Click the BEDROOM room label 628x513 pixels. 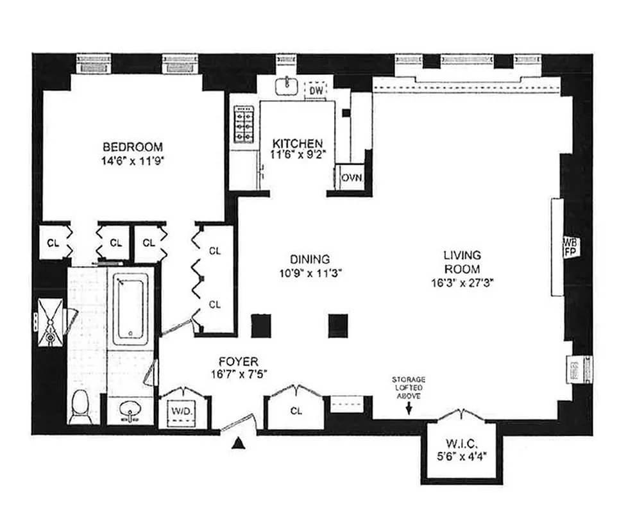(x=133, y=146)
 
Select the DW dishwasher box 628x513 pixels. (x=315, y=91)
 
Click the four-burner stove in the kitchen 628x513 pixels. (x=244, y=125)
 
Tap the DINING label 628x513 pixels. (x=310, y=260)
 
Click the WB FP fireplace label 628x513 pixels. (x=570, y=248)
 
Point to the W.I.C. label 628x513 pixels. (x=460, y=443)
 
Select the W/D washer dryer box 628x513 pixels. (x=182, y=408)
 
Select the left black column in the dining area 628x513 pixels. (x=261, y=325)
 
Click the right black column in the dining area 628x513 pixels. (x=338, y=325)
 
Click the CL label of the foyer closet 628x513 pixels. (x=296, y=410)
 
